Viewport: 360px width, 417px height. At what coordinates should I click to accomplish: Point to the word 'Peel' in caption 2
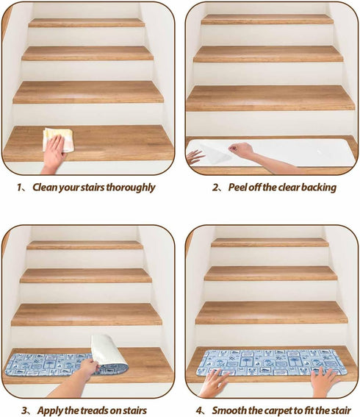click(237, 188)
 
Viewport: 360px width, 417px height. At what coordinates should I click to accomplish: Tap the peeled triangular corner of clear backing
click(215, 154)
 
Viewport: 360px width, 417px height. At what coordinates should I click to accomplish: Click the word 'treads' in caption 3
click(95, 410)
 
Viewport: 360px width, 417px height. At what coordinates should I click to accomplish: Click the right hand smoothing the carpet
click(323, 381)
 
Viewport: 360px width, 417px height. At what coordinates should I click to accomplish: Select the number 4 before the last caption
click(199, 410)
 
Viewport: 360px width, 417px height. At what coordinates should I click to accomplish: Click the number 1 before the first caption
click(19, 188)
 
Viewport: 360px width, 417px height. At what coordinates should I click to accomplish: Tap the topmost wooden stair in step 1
click(87, 23)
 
